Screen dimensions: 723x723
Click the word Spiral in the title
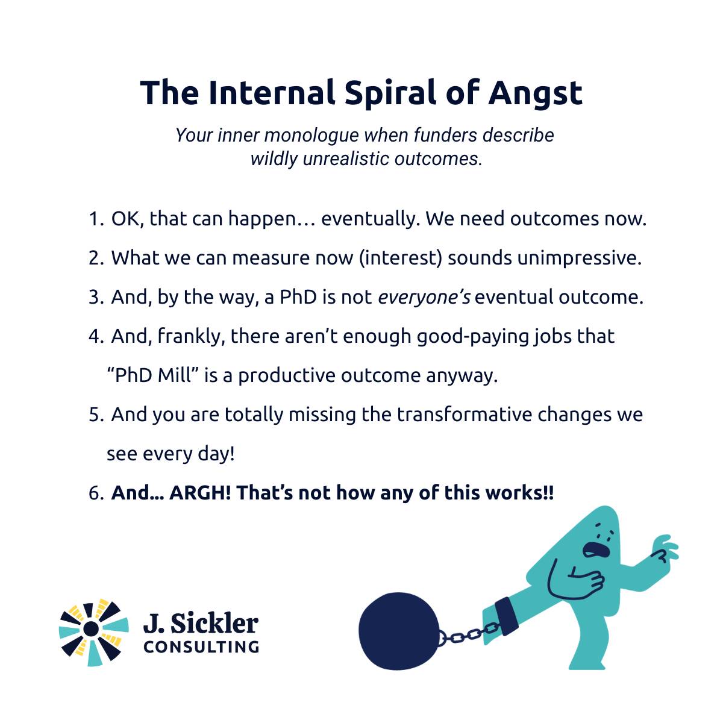(x=390, y=93)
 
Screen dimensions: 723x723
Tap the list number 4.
(x=96, y=336)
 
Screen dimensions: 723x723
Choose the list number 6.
(x=96, y=493)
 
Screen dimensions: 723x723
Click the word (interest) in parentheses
(x=401, y=258)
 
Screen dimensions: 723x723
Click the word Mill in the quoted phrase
(x=178, y=375)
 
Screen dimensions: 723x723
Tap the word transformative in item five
(x=464, y=415)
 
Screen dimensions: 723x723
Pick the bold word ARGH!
(x=201, y=493)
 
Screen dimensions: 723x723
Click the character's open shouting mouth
(x=596, y=550)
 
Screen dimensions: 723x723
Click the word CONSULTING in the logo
(x=201, y=646)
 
